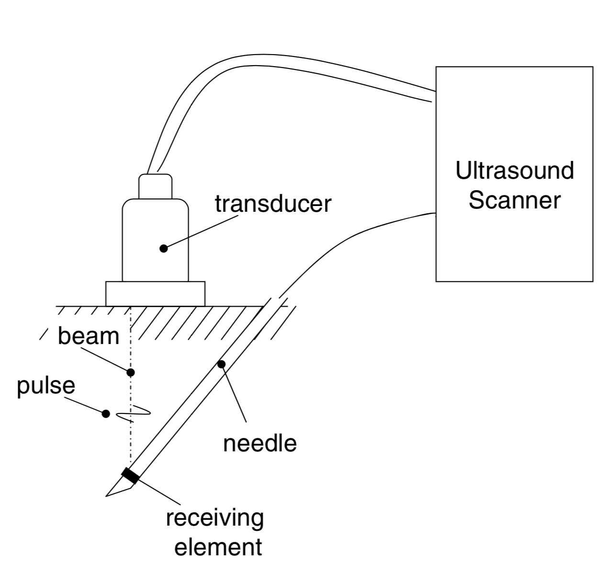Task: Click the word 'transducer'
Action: pyautogui.click(x=273, y=204)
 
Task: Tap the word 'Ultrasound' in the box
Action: pyautogui.click(x=514, y=171)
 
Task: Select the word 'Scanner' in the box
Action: pyautogui.click(x=514, y=200)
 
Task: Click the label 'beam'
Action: pyautogui.click(x=88, y=336)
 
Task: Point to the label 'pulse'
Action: pyautogui.click(x=46, y=386)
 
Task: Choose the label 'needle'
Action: pyautogui.click(x=260, y=444)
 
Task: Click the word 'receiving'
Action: pyautogui.click(x=215, y=519)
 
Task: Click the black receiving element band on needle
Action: pyautogui.click(x=130, y=476)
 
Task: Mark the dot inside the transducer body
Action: pyautogui.click(x=164, y=248)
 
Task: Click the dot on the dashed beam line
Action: pyautogui.click(x=130, y=372)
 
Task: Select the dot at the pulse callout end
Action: pyautogui.click(x=106, y=413)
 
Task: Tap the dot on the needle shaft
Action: pyautogui.click(x=221, y=365)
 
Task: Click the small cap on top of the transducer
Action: pyautogui.click(x=155, y=186)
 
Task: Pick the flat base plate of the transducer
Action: pyautogui.click(x=155, y=294)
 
